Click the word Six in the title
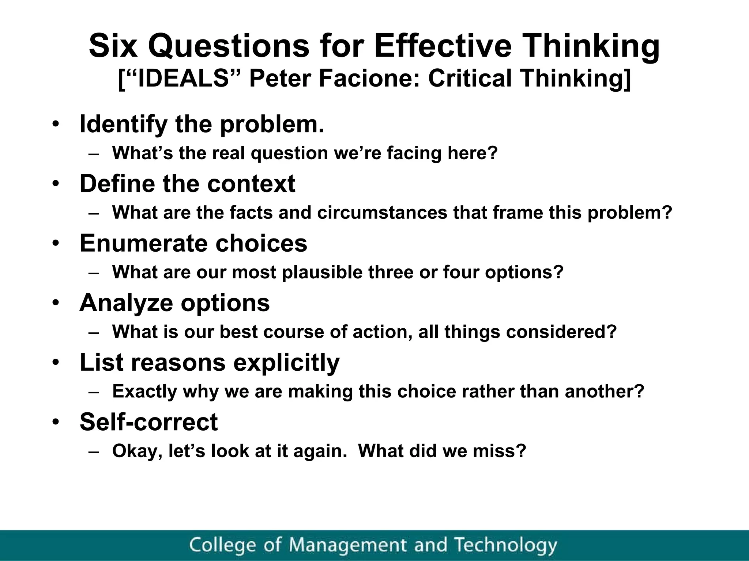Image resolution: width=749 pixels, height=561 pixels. tap(113, 46)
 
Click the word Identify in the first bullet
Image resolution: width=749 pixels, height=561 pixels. tap(123, 124)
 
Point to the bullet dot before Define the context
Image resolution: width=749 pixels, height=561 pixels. tap(55, 184)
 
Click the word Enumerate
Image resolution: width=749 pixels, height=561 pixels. tap(144, 243)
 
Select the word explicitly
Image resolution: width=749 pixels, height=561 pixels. tap(286, 363)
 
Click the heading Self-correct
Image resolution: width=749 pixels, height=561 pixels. tap(148, 422)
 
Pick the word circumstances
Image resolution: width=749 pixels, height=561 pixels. tap(382, 213)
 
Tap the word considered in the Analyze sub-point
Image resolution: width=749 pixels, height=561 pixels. tap(561, 332)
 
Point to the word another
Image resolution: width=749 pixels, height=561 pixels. tap(604, 391)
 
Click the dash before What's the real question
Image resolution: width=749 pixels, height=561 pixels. tap(94, 154)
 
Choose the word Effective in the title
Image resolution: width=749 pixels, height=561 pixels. tap(442, 46)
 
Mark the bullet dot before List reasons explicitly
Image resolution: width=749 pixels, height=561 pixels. tap(55, 363)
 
